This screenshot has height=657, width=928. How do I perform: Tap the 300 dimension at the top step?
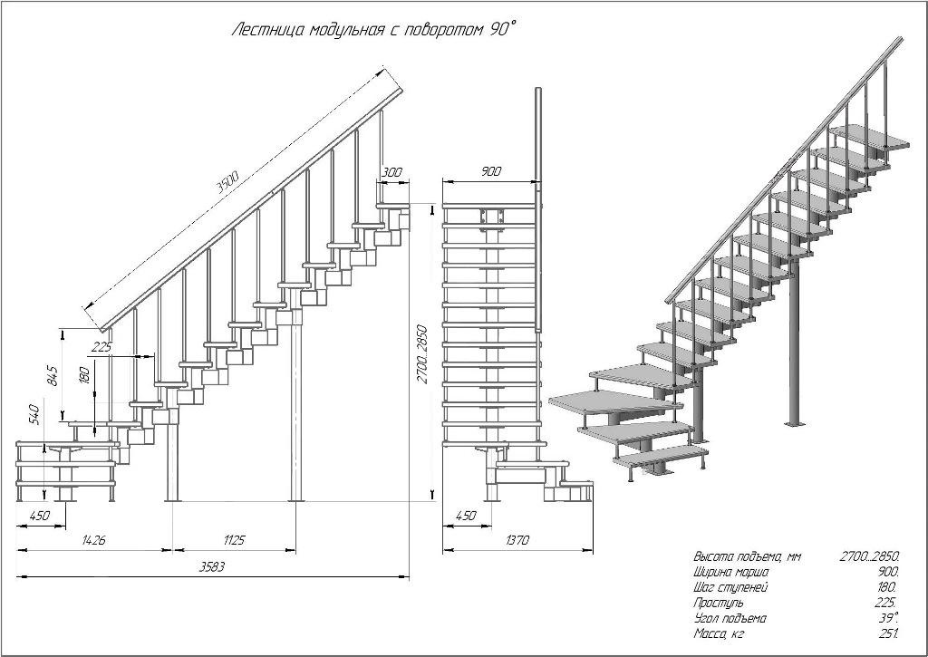click(391, 172)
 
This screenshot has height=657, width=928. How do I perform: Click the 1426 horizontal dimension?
click(93, 541)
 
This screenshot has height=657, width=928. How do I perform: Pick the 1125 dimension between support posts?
click(234, 541)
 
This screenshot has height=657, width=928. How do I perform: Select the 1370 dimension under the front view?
click(517, 541)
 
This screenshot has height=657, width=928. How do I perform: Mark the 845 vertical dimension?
click(53, 375)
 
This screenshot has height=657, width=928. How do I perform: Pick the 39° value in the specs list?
click(888, 617)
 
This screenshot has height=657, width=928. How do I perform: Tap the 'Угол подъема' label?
click(730, 618)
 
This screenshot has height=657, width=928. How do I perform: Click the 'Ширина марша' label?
click(731, 572)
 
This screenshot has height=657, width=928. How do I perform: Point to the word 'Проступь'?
click(719, 603)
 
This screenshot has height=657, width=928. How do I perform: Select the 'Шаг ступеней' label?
click(730, 587)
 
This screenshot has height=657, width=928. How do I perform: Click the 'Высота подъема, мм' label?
click(748, 556)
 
